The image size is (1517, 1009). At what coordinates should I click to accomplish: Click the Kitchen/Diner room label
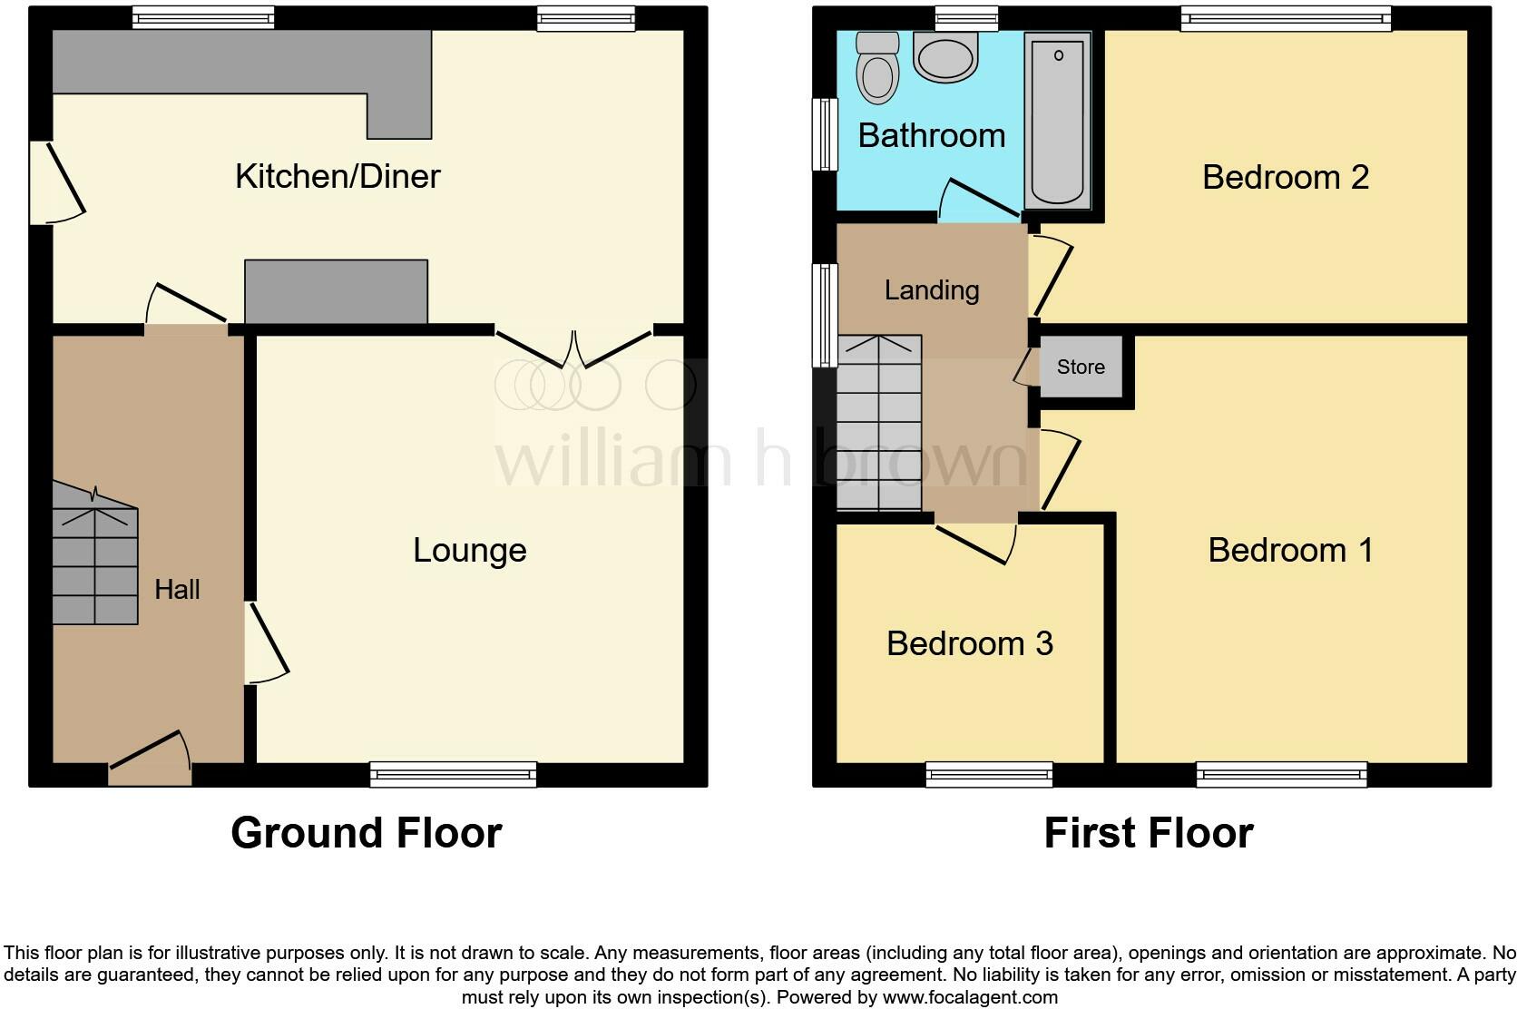click(338, 176)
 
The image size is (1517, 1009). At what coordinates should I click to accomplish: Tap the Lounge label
click(469, 550)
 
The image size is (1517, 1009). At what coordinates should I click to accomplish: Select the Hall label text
click(177, 590)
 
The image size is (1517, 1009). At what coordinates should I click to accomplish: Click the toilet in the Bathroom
click(877, 67)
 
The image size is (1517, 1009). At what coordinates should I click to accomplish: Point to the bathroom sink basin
click(945, 58)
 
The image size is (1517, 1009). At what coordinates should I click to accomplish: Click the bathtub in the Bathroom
click(1057, 120)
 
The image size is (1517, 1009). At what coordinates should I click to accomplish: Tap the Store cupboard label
click(1081, 367)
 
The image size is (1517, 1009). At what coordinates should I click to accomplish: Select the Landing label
click(932, 290)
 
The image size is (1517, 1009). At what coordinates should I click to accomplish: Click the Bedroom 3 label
click(969, 643)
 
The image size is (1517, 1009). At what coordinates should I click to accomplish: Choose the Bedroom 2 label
click(1285, 177)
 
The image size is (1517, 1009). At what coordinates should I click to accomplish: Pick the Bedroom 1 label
click(1290, 550)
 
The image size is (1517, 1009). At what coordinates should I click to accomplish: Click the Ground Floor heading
click(366, 833)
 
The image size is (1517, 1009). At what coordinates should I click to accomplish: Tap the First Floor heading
click(1148, 833)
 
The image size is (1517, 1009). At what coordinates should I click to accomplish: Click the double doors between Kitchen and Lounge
click(574, 349)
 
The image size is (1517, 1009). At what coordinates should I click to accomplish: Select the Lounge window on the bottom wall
click(453, 774)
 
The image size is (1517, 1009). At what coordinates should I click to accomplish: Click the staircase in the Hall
click(94, 564)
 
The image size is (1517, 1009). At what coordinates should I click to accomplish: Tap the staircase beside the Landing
click(878, 423)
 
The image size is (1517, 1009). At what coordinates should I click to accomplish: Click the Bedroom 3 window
click(989, 774)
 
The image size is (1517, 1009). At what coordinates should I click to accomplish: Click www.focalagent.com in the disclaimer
click(970, 997)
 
